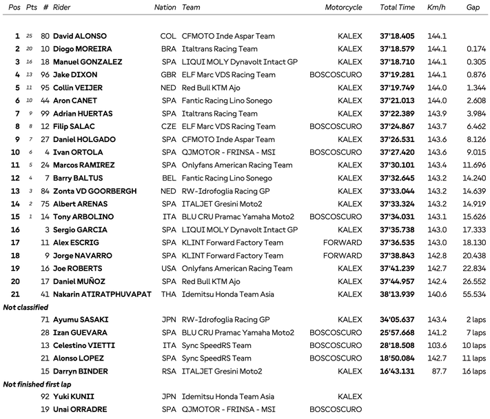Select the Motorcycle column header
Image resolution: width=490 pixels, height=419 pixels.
343,7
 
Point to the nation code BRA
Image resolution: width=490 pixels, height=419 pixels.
168,49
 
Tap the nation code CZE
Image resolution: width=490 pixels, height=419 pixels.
168,127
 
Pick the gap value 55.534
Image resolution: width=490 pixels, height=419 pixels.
473,294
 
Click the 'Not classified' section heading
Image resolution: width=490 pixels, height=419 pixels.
25,307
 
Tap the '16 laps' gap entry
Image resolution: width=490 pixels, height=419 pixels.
472,371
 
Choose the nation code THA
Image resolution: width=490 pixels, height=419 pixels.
168,294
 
